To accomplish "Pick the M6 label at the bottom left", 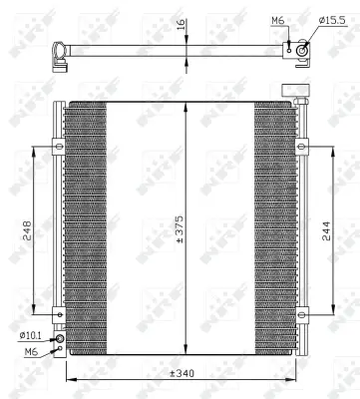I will coord(31,351).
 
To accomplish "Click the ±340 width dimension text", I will coord(180,372).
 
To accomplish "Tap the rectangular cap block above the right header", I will coord(293,91).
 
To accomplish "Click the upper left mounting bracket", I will coord(60,149).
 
